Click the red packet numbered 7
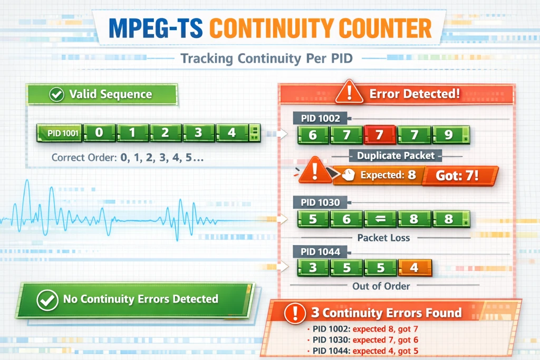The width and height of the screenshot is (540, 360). click(380, 135)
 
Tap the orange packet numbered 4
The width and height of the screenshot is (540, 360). click(414, 267)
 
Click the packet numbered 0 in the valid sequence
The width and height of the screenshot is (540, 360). click(99, 133)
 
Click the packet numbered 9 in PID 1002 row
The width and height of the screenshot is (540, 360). click(448, 135)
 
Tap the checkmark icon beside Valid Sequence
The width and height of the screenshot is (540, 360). click(56, 95)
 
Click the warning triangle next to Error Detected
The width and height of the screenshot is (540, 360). click(348, 93)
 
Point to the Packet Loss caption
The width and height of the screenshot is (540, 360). click(383, 238)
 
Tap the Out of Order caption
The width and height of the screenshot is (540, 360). click(381, 286)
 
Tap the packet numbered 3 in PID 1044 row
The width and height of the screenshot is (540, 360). click(313, 267)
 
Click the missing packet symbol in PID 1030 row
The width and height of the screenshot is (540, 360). click(380, 218)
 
